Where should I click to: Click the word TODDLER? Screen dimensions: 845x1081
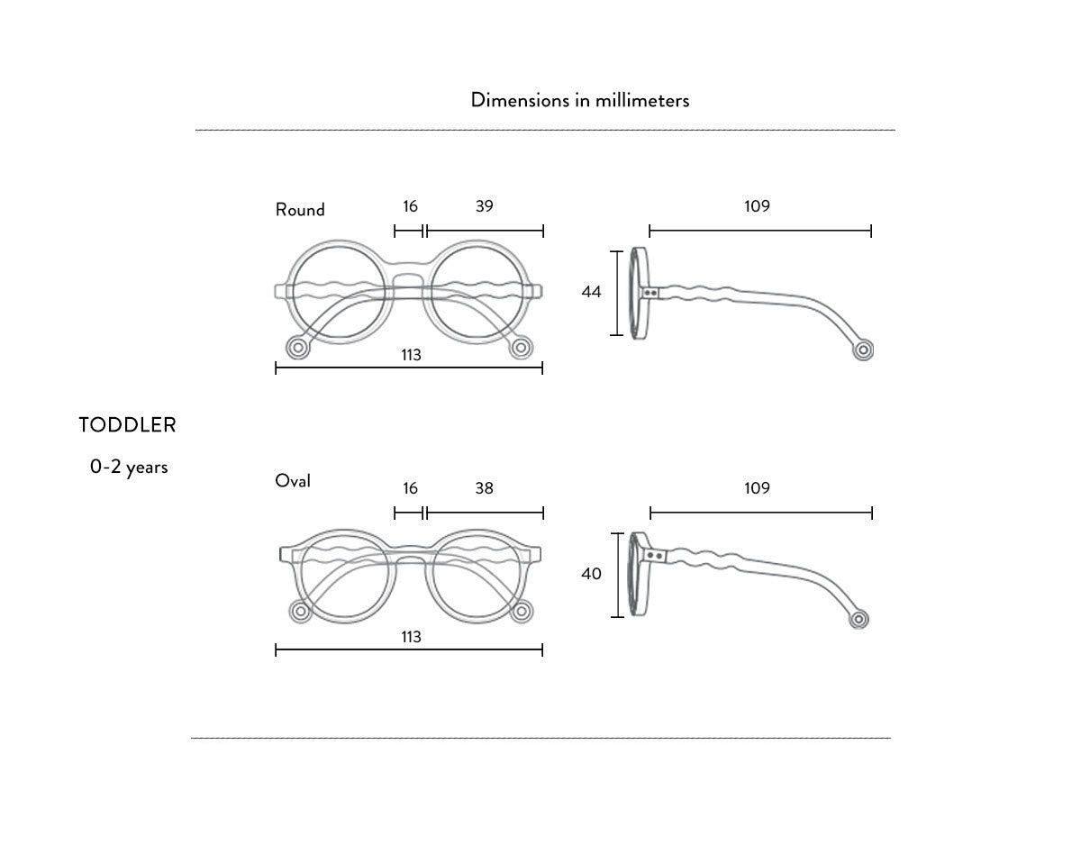(x=127, y=425)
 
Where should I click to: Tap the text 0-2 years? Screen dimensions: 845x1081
(x=129, y=468)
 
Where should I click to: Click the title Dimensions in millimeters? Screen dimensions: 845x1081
(x=580, y=100)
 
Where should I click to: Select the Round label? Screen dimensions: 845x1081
(x=300, y=210)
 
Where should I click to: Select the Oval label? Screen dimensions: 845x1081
(x=293, y=481)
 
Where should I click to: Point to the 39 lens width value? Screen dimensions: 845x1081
(x=485, y=206)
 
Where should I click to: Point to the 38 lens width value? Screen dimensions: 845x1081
(x=485, y=488)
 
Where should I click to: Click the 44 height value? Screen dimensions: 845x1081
(x=591, y=292)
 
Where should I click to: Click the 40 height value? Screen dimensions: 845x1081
(x=591, y=574)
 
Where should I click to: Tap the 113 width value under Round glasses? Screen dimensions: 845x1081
(x=411, y=355)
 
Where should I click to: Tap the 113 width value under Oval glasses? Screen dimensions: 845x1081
(x=411, y=637)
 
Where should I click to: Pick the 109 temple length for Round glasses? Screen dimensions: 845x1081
(x=758, y=206)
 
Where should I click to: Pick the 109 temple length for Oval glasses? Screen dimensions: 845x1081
(x=758, y=488)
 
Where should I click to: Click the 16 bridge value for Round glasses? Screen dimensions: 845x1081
(x=411, y=206)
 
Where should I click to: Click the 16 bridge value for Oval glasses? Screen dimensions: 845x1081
(x=411, y=488)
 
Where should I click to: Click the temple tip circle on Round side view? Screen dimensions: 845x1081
(x=865, y=350)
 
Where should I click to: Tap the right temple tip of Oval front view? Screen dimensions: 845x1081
(x=520, y=612)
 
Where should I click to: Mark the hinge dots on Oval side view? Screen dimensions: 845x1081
(x=657, y=558)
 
